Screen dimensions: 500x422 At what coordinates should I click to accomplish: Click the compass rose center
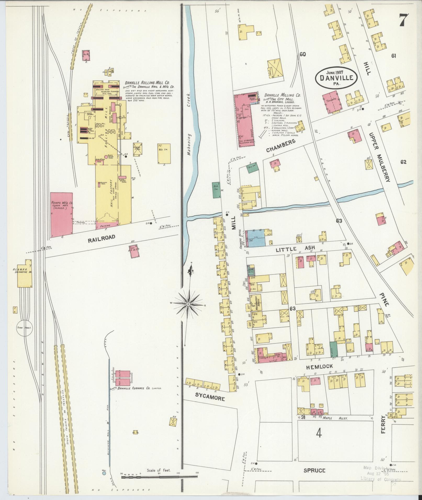click(x=188, y=304)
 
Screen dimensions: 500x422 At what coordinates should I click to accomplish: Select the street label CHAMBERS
click(x=281, y=146)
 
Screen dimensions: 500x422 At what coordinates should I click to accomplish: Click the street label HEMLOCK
click(x=319, y=366)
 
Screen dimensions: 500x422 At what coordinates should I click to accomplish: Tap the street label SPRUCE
click(x=315, y=470)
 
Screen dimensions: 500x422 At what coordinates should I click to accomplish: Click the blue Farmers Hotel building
click(x=256, y=238)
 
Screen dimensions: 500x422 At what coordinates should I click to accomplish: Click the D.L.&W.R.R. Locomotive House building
click(x=25, y=274)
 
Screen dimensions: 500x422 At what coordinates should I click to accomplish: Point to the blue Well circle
click(x=104, y=480)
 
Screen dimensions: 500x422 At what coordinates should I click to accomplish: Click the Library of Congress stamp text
click(x=381, y=479)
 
